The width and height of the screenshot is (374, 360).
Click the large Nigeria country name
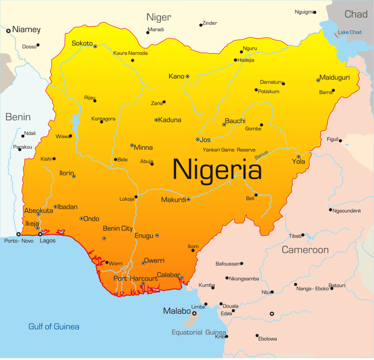217,169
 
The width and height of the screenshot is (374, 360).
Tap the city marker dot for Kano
187,76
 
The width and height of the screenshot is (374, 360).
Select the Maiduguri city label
334,77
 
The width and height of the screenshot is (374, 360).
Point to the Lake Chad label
349,32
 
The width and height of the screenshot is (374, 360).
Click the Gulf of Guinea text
54,326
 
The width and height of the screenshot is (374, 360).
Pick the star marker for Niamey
8,30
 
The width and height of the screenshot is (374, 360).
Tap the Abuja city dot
152,164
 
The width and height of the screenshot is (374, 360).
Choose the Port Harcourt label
136,279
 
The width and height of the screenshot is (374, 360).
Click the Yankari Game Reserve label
229,150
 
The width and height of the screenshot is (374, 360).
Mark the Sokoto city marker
95,46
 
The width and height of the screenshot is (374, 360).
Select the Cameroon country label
305,250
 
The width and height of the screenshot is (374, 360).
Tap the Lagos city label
47,241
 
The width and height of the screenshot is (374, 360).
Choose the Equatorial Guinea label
199,332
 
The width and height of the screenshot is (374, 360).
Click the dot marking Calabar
182,278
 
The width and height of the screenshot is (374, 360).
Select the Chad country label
356,14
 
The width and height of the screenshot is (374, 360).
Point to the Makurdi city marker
188,200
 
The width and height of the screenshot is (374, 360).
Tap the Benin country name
18,117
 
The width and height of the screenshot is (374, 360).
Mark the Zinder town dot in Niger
201,25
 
